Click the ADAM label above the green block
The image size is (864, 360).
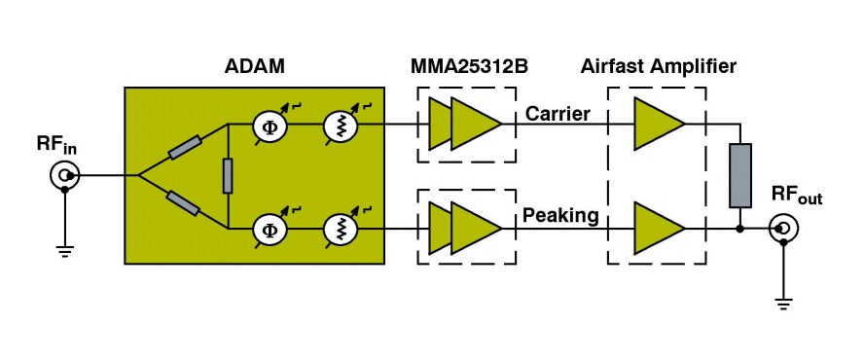click(x=249, y=68)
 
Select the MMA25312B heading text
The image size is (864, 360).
click(x=466, y=68)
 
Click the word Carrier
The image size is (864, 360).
click(x=558, y=115)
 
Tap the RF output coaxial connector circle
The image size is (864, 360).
click(x=782, y=230)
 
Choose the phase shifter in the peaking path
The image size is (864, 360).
click(x=268, y=230)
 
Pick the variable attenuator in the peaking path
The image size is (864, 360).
click(x=340, y=230)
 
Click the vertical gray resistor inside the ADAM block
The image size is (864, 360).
click(x=227, y=176)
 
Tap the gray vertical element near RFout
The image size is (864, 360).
click(x=740, y=176)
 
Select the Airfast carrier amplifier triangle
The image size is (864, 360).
click(x=659, y=125)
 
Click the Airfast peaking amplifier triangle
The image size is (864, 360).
click(x=659, y=229)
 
